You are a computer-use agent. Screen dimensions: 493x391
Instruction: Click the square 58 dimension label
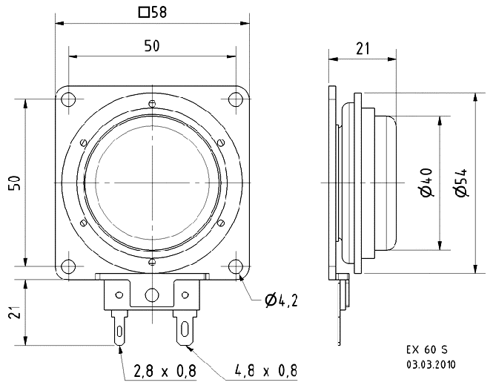(153, 13)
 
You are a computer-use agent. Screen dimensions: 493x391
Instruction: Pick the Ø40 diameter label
(426, 183)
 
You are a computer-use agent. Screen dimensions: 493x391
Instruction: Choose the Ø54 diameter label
(460, 183)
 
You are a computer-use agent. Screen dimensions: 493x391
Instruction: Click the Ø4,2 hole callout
(281, 300)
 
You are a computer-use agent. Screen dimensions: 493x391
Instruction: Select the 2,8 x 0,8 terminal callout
(165, 371)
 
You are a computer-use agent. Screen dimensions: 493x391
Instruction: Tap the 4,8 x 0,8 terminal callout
(266, 371)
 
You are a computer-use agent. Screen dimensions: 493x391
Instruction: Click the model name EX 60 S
(427, 349)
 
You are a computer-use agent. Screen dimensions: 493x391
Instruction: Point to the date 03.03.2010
(431, 364)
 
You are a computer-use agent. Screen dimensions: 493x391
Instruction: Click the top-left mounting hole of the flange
(68, 99)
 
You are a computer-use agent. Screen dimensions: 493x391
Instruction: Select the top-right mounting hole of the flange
(236, 99)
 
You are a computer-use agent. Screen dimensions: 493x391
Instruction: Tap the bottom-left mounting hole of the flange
(68, 266)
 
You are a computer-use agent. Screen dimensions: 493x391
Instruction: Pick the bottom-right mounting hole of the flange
(236, 266)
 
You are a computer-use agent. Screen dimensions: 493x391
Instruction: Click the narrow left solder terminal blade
(120, 328)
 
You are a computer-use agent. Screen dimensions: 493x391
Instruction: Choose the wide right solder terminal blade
(186, 328)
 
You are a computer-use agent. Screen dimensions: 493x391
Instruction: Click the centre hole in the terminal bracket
(152, 295)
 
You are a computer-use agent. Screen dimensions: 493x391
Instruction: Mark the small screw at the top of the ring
(152, 103)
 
